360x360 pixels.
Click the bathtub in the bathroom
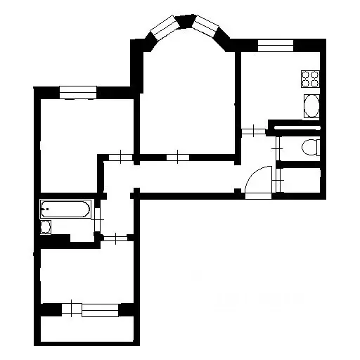pos(65,209)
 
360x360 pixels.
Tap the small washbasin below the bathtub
pos(46,227)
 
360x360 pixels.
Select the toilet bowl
pos(309,146)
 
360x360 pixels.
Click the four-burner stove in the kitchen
pos(309,77)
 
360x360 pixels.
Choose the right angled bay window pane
pos(207,28)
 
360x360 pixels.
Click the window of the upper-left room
pos(77,90)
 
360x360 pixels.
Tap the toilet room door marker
pos(279,147)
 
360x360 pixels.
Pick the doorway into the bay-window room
pos(180,156)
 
